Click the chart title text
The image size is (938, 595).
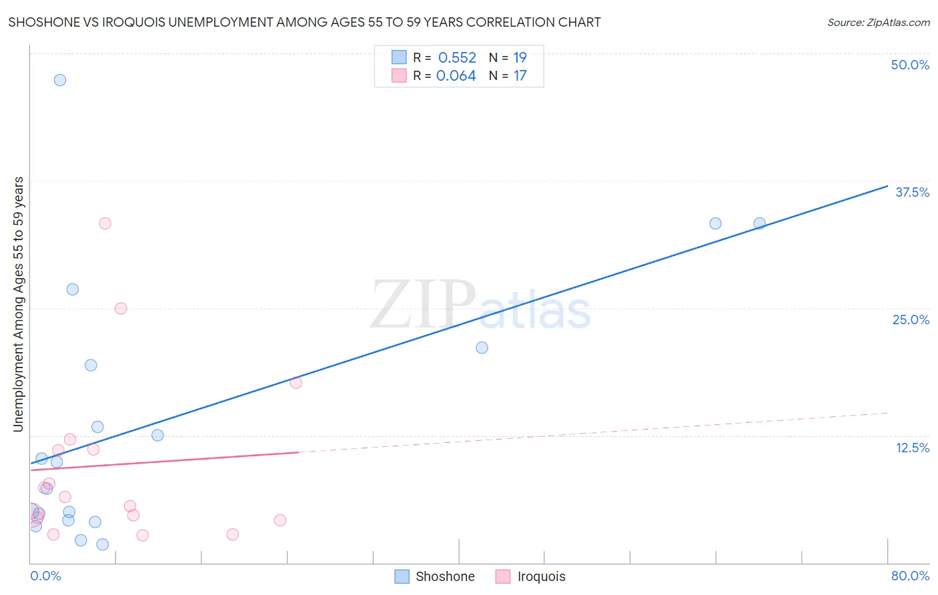(304, 23)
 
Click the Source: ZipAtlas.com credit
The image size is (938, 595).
(878, 23)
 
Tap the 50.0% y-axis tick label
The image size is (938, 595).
(910, 65)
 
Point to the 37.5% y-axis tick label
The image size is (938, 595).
(912, 192)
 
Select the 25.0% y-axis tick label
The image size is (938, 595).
(911, 320)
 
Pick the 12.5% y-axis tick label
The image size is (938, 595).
(912, 448)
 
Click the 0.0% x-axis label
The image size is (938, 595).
(45, 576)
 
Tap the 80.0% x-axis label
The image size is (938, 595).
(910, 576)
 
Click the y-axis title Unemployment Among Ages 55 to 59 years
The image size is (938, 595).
(19, 304)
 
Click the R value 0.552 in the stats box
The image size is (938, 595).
(457, 58)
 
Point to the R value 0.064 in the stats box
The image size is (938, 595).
(456, 76)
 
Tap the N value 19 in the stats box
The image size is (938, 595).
(520, 58)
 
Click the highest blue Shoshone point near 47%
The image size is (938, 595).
(60, 80)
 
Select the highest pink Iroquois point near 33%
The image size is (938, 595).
(105, 223)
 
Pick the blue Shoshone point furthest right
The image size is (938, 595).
(759, 223)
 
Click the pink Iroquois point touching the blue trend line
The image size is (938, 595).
(296, 382)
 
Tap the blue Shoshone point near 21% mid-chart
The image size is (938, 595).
(482, 348)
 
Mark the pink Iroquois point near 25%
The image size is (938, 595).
(121, 308)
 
